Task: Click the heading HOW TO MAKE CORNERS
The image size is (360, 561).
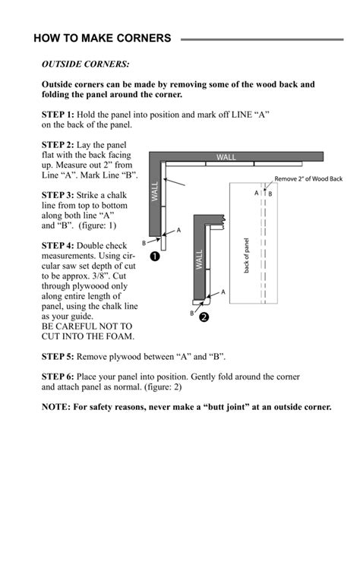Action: pos(102,39)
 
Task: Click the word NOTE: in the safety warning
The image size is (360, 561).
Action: pos(56,407)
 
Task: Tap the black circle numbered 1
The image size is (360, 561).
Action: pos(155,257)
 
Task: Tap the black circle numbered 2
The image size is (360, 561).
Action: pos(203,317)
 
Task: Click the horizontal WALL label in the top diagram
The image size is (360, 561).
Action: pos(226,157)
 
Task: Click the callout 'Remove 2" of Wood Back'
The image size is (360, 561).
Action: pos(310,179)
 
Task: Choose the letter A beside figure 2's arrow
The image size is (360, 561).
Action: pos(223,291)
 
